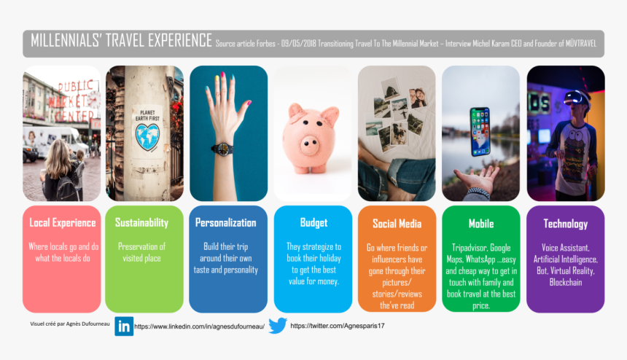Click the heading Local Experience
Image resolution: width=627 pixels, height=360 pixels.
[x=62, y=223]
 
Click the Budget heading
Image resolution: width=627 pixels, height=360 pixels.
[x=313, y=223]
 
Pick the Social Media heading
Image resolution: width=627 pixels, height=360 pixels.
[x=397, y=224]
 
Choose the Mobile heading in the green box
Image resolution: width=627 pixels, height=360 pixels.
[x=480, y=224]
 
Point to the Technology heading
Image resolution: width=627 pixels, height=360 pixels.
[x=565, y=224]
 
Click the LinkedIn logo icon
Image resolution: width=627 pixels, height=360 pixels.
[x=124, y=326]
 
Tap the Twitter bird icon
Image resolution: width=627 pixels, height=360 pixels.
[x=277, y=326]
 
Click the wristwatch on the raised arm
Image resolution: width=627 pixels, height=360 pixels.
[x=222, y=148]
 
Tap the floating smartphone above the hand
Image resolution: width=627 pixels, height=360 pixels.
[x=480, y=131]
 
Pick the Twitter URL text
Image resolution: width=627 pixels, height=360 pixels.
[x=337, y=326]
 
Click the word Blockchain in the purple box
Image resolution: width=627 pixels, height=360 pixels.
[x=565, y=282]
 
